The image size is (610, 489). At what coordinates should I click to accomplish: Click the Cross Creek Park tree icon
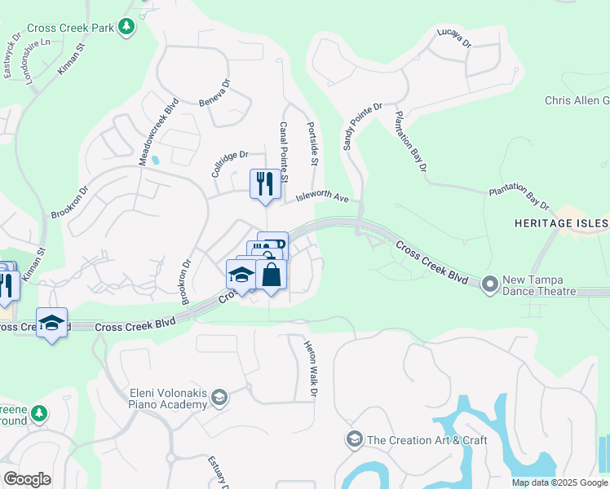point(126,28)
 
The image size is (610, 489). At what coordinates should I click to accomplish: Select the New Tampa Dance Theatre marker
point(490,284)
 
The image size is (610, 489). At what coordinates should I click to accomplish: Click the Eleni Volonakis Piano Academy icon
point(219,398)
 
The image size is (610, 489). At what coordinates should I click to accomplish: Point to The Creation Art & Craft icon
point(354,440)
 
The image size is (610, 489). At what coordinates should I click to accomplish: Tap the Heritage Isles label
point(561,223)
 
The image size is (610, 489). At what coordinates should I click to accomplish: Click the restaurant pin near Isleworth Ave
point(265,184)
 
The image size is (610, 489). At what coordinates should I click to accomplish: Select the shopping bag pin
point(272,275)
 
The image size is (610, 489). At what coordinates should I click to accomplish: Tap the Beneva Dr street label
point(215,93)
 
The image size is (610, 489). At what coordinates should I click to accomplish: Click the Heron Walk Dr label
point(311,370)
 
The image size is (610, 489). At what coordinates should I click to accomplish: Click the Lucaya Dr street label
point(454,41)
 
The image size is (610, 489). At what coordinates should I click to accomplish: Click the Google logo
point(27,479)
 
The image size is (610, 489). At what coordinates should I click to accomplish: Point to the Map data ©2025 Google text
point(559,482)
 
